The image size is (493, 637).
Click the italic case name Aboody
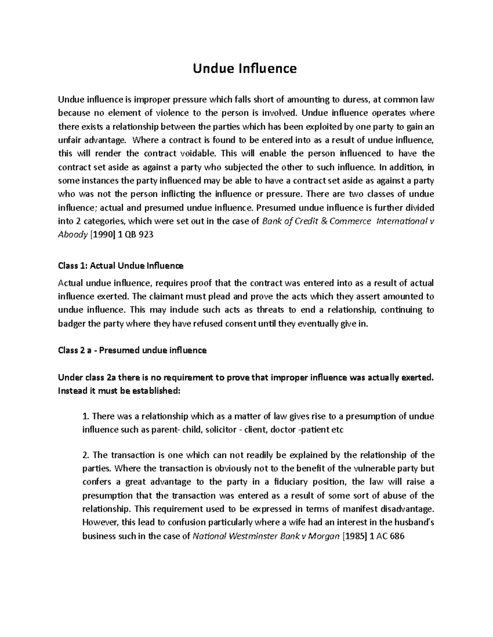coord(72,235)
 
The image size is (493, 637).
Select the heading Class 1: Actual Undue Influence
coord(120,266)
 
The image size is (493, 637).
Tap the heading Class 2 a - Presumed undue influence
coord(132,350)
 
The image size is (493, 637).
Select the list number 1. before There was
coord(85,416)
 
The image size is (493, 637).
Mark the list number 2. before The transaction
coord(85,455)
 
